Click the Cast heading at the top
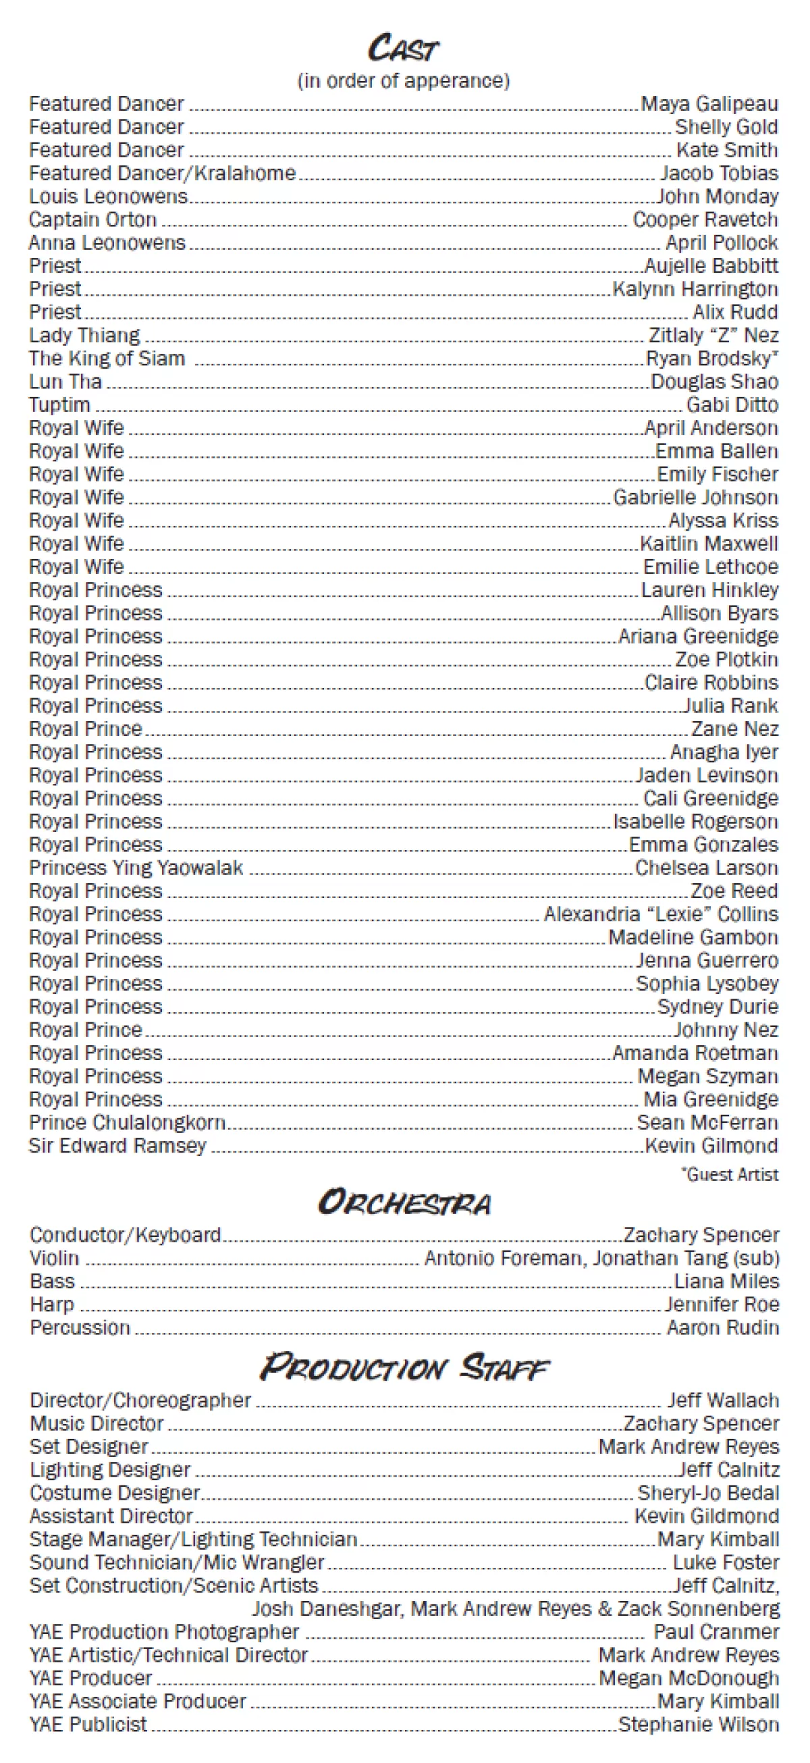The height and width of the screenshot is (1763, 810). tap(404, 48)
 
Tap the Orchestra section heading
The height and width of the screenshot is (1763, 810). tap(404, 1203)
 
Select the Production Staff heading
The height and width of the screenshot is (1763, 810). tap(404, 1367)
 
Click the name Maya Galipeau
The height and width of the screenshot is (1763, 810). tap(709, 104)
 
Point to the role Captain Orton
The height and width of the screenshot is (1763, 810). tap(93, 219)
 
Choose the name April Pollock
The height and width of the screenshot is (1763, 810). tap(722, 243)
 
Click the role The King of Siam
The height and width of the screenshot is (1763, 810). tap(107, 359)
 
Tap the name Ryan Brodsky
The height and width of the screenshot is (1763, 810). tap(711, 359)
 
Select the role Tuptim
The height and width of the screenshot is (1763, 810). tap(59, 405)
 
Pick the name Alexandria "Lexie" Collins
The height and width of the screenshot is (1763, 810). tap(661, 914)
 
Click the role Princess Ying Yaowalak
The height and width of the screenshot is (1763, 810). tap(136, 868)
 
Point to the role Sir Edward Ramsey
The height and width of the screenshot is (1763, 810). tap(117, 1146)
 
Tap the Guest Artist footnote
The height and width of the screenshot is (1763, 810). tap(730, 1174)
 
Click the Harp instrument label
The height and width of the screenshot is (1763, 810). tap(52, 1305)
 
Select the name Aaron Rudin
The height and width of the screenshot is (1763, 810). tap(723, 1327)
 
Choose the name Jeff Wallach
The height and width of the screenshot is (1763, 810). tap(723, 1400)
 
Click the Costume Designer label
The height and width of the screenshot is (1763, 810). tap(115, 1493)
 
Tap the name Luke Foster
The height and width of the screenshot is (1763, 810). tap(726, 1562)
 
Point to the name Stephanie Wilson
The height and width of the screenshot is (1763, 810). tap(699, 1725)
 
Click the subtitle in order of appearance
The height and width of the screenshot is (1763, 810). tap(404, 81)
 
